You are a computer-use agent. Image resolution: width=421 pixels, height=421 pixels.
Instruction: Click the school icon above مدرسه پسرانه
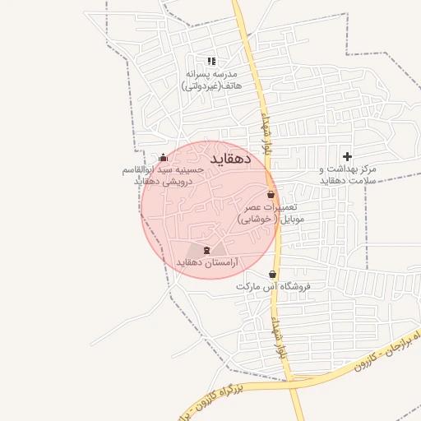click(x=211, y=61)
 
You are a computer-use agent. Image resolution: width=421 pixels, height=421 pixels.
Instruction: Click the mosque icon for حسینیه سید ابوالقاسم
click(x=163, y=158)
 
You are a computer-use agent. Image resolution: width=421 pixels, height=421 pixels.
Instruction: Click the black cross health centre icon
click(x=348, y=156)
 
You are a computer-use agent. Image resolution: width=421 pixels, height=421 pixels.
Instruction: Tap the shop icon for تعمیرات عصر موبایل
click(x=271, y=195)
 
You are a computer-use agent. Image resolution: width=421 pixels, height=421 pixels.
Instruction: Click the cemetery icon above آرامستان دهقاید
click(x=206, y=250)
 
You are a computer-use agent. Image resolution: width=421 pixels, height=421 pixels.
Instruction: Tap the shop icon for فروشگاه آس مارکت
click(x=273, y=275)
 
